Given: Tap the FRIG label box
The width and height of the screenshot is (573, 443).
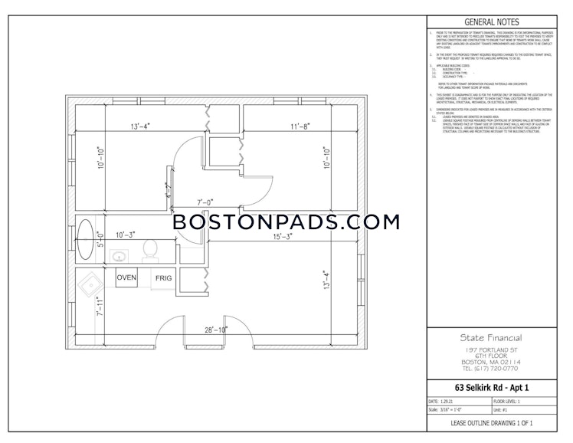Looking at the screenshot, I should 162,278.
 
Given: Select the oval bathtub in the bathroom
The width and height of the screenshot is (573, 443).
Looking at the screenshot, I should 87,237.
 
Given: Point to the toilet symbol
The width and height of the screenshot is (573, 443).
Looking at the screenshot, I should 150,249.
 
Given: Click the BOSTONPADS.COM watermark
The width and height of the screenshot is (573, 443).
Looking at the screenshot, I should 286,222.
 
